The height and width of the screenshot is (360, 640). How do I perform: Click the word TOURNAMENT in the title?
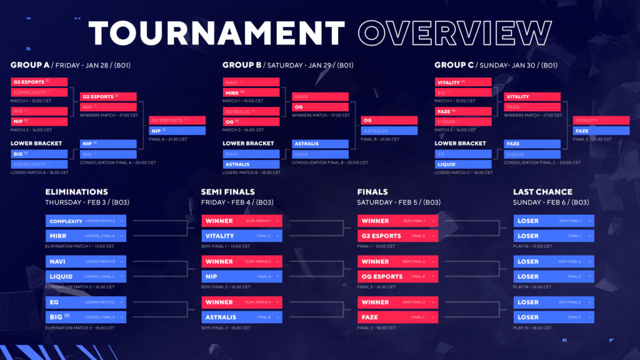(x=216, y=34)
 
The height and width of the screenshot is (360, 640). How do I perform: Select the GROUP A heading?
(x=30, y=65)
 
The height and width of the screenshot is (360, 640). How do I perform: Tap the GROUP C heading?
(x=454, y=65)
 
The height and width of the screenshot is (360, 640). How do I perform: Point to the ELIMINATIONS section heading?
(x=76, y=192)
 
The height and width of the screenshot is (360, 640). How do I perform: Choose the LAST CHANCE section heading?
(x=542, y=192)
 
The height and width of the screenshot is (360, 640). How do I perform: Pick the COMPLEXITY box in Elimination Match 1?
(x=86, y=221)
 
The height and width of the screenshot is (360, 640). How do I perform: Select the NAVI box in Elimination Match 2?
(x=86, y=262)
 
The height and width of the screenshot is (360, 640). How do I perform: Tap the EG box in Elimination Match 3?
(x=86, y=302)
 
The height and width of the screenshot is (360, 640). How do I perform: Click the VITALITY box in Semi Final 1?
(x=242, y=236)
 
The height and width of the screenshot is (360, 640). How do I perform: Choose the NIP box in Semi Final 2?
(x=242, y=276)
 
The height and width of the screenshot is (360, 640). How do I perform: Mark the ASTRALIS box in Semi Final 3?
(x=242, y=317)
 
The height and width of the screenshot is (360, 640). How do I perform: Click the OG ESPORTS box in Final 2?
(x=397, y=276)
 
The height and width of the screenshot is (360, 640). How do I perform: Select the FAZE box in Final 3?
(x=397, y=317)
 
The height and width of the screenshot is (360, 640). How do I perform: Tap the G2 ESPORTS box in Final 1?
(x=397, y=236)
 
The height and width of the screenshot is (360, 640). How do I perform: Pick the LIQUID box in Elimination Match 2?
(x=86, y=276)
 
